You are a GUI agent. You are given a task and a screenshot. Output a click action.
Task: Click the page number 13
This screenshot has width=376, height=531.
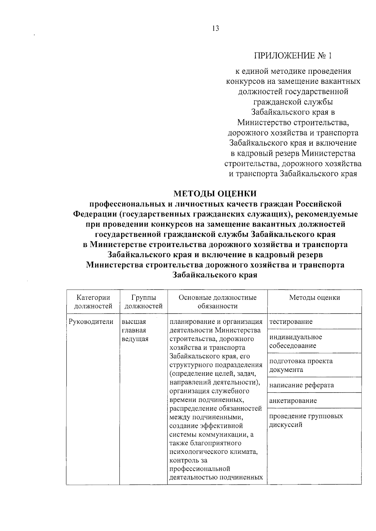coord(216,29)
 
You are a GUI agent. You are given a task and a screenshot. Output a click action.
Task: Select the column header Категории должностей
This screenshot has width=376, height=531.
coord(93,302)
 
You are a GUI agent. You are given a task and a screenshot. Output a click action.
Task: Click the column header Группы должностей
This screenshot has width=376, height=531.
coord(144,302)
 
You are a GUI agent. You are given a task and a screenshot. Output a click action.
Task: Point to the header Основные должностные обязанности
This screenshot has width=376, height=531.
coord(217,302)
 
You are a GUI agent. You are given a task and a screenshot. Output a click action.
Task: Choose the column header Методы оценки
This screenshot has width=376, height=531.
coord(314,298)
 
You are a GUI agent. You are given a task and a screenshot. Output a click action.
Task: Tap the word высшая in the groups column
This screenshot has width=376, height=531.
coord(134,322)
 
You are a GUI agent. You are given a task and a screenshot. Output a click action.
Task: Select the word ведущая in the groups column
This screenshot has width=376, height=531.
coord(135,339)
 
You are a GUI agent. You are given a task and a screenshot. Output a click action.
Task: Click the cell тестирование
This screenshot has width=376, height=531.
coord(291,322)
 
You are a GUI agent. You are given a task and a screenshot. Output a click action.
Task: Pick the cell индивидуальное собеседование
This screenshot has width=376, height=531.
coord(295,341)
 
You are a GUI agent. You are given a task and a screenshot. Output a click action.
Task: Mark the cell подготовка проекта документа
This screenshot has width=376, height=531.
coord(301,365)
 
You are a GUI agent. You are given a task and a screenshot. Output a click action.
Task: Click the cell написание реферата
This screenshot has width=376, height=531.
coord(301,385)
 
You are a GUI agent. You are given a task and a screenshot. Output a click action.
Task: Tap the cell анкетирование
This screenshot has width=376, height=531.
coord(293,401)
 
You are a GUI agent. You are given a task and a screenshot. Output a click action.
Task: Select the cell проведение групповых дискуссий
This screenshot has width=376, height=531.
coord(306,421)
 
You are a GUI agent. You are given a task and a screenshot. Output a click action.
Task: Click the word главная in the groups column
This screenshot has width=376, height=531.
coord(134,330)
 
